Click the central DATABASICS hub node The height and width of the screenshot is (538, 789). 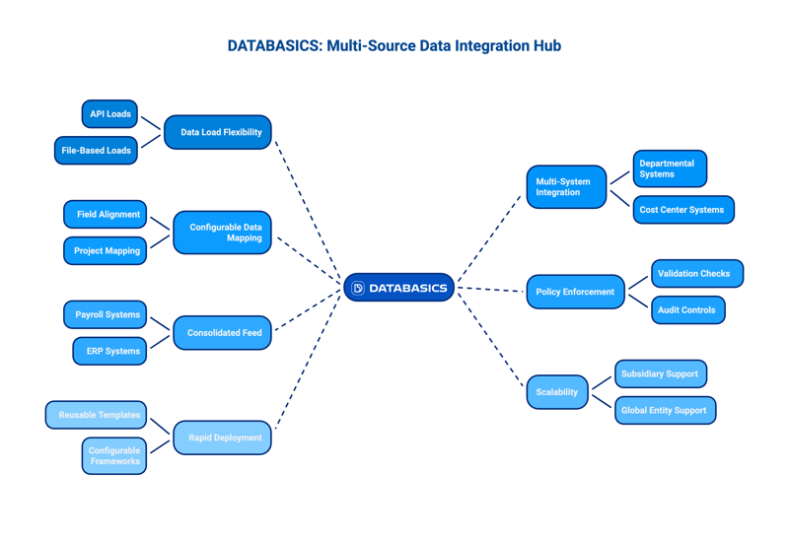point(399,288)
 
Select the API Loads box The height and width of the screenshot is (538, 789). point(109,114)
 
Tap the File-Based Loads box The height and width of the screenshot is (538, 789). point(96,151)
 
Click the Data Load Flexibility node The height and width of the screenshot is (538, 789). point(218,132)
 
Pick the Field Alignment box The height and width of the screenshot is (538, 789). point(106,214)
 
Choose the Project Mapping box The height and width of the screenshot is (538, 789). point(106,251)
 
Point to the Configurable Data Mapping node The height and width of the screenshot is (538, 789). point(223,233)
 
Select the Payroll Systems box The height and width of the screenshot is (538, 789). point(106,314)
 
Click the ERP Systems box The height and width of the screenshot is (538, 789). point(110,351)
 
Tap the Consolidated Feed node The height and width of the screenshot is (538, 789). point(223,333)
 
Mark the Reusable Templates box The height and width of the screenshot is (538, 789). point(97,415)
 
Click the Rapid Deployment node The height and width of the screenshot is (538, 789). point(223,437)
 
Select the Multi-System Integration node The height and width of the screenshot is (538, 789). point(566,187)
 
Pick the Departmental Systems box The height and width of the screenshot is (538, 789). point(670,168)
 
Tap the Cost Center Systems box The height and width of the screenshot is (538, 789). point(683,210)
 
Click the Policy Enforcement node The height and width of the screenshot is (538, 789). point(576,292)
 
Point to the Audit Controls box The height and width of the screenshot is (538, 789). point(688,310)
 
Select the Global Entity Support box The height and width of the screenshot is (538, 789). point(666,410)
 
